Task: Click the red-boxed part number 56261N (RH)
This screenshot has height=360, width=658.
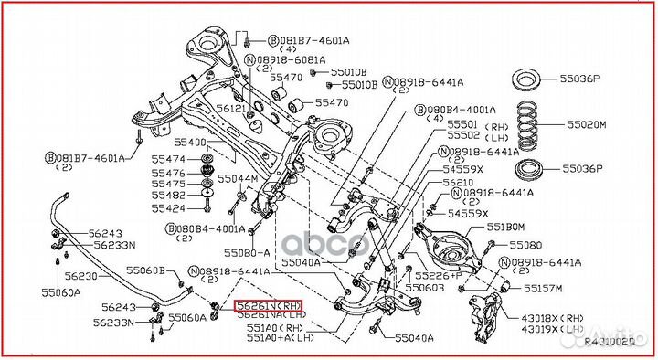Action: [268, 306]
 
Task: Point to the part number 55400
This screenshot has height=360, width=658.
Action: [191, 143]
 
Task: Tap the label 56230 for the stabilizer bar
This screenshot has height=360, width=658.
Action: [80, 276]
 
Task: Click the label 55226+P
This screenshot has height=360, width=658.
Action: [437, 274]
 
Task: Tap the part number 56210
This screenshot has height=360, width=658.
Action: [459, 183]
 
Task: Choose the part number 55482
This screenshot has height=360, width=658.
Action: [168, 195]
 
